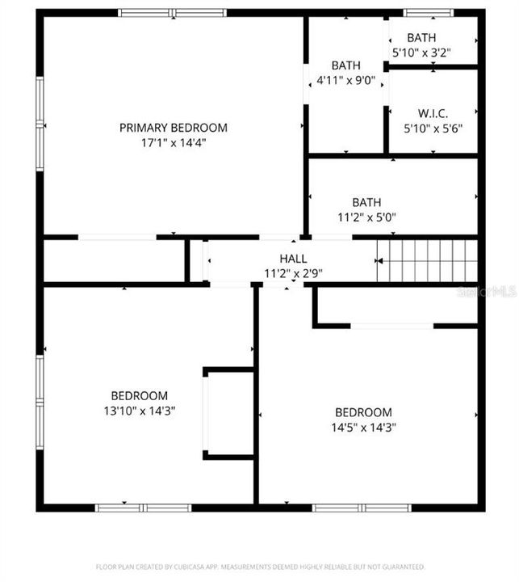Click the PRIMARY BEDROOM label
[173, 128]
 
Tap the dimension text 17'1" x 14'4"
[173, 143]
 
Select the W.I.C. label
[433, 113]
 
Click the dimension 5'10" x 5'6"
[433, 128]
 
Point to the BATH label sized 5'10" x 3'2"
[421, 38]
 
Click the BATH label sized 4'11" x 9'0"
[345, 65]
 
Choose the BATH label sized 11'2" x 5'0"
[366, 202]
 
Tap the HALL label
[293, 258]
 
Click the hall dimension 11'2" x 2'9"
[293, 272]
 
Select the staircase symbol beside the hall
[429, 260]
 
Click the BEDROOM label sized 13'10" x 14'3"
[140, 395]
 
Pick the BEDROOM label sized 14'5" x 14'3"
[363, 412]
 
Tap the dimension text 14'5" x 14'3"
[363, 427]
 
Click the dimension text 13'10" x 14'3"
[140, 410]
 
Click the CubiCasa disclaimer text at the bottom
[260, 567]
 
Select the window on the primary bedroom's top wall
[173, 13]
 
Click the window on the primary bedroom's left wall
[40, 124]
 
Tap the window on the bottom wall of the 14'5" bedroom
[362, 508]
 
